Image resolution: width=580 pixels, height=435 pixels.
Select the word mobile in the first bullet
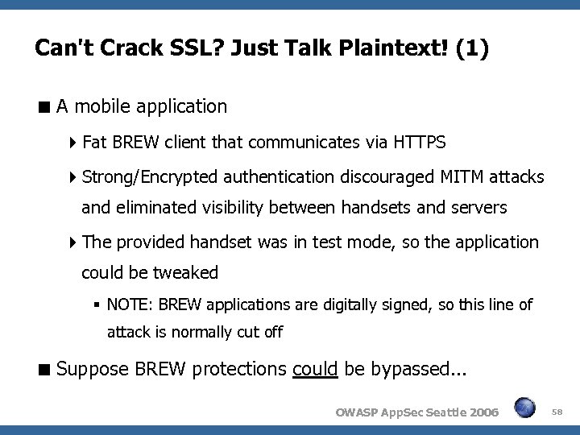pyautogui.click(x=108, y=106)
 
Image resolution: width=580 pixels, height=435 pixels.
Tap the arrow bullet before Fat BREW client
pyautogui.click(x=74, y=143)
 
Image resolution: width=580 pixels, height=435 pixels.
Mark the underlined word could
pyautogui.click(x=316, y=370)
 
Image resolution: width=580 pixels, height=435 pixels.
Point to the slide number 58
pyautogui.click(x=558, y=412)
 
